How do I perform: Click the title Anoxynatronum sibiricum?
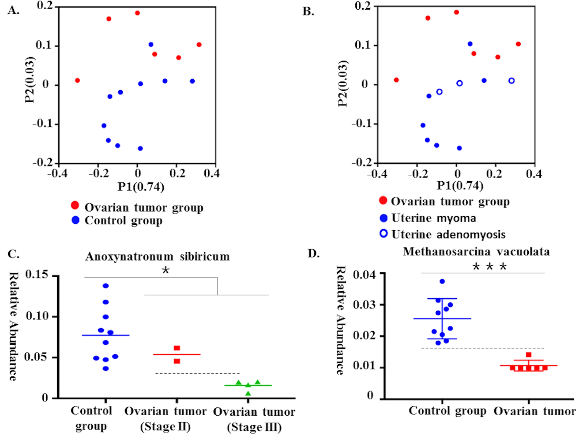[157, 257]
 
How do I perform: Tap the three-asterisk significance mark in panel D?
[490, 267]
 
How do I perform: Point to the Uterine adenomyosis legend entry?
[448, 235]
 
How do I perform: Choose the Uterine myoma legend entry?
[433, 218]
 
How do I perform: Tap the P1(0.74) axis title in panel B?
[460, 186]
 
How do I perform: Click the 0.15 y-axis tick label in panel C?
[37, 274]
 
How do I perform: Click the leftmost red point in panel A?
[77, 80]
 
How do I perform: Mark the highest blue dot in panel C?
[106, 286]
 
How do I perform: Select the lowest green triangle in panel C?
[248, 394]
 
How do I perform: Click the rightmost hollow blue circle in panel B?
[512, 81]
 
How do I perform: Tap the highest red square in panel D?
[529, 355]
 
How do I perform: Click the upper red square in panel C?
[177, 348]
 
